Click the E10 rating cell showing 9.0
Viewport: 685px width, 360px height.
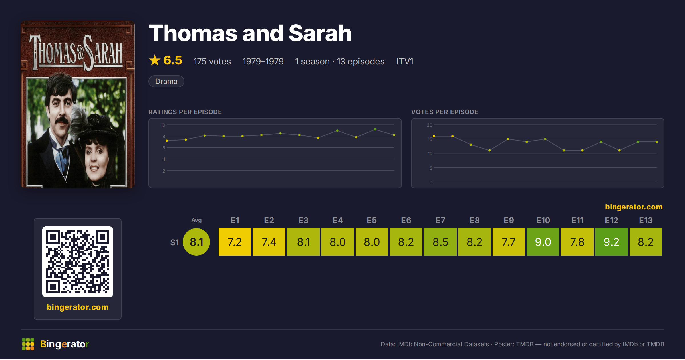click(543, 242)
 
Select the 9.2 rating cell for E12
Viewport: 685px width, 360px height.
click(611, 242)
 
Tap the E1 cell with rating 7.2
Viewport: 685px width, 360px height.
click(235, 242)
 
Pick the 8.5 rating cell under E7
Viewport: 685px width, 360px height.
click(440, 242)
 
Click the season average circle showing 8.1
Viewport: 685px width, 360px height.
click(196, 242)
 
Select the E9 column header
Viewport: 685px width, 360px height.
click(509, 220)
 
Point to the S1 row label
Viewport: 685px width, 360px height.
click(174, 242)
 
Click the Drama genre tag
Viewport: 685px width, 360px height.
click(166, 81)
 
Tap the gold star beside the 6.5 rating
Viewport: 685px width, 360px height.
click(155, 60)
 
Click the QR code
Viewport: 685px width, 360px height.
click(78, 262)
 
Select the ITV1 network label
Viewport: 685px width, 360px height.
click(405, 61)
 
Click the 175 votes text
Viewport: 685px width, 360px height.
click(212, 61)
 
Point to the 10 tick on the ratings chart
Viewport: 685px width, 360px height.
click(163, 125)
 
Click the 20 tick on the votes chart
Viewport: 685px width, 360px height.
click(430, 125)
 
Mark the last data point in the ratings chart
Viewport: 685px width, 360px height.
click(394, 135)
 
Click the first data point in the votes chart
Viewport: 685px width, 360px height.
click(434, 136)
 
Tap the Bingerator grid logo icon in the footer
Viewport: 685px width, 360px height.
click(28, 344)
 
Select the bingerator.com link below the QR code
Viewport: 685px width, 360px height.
click(78, 307)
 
